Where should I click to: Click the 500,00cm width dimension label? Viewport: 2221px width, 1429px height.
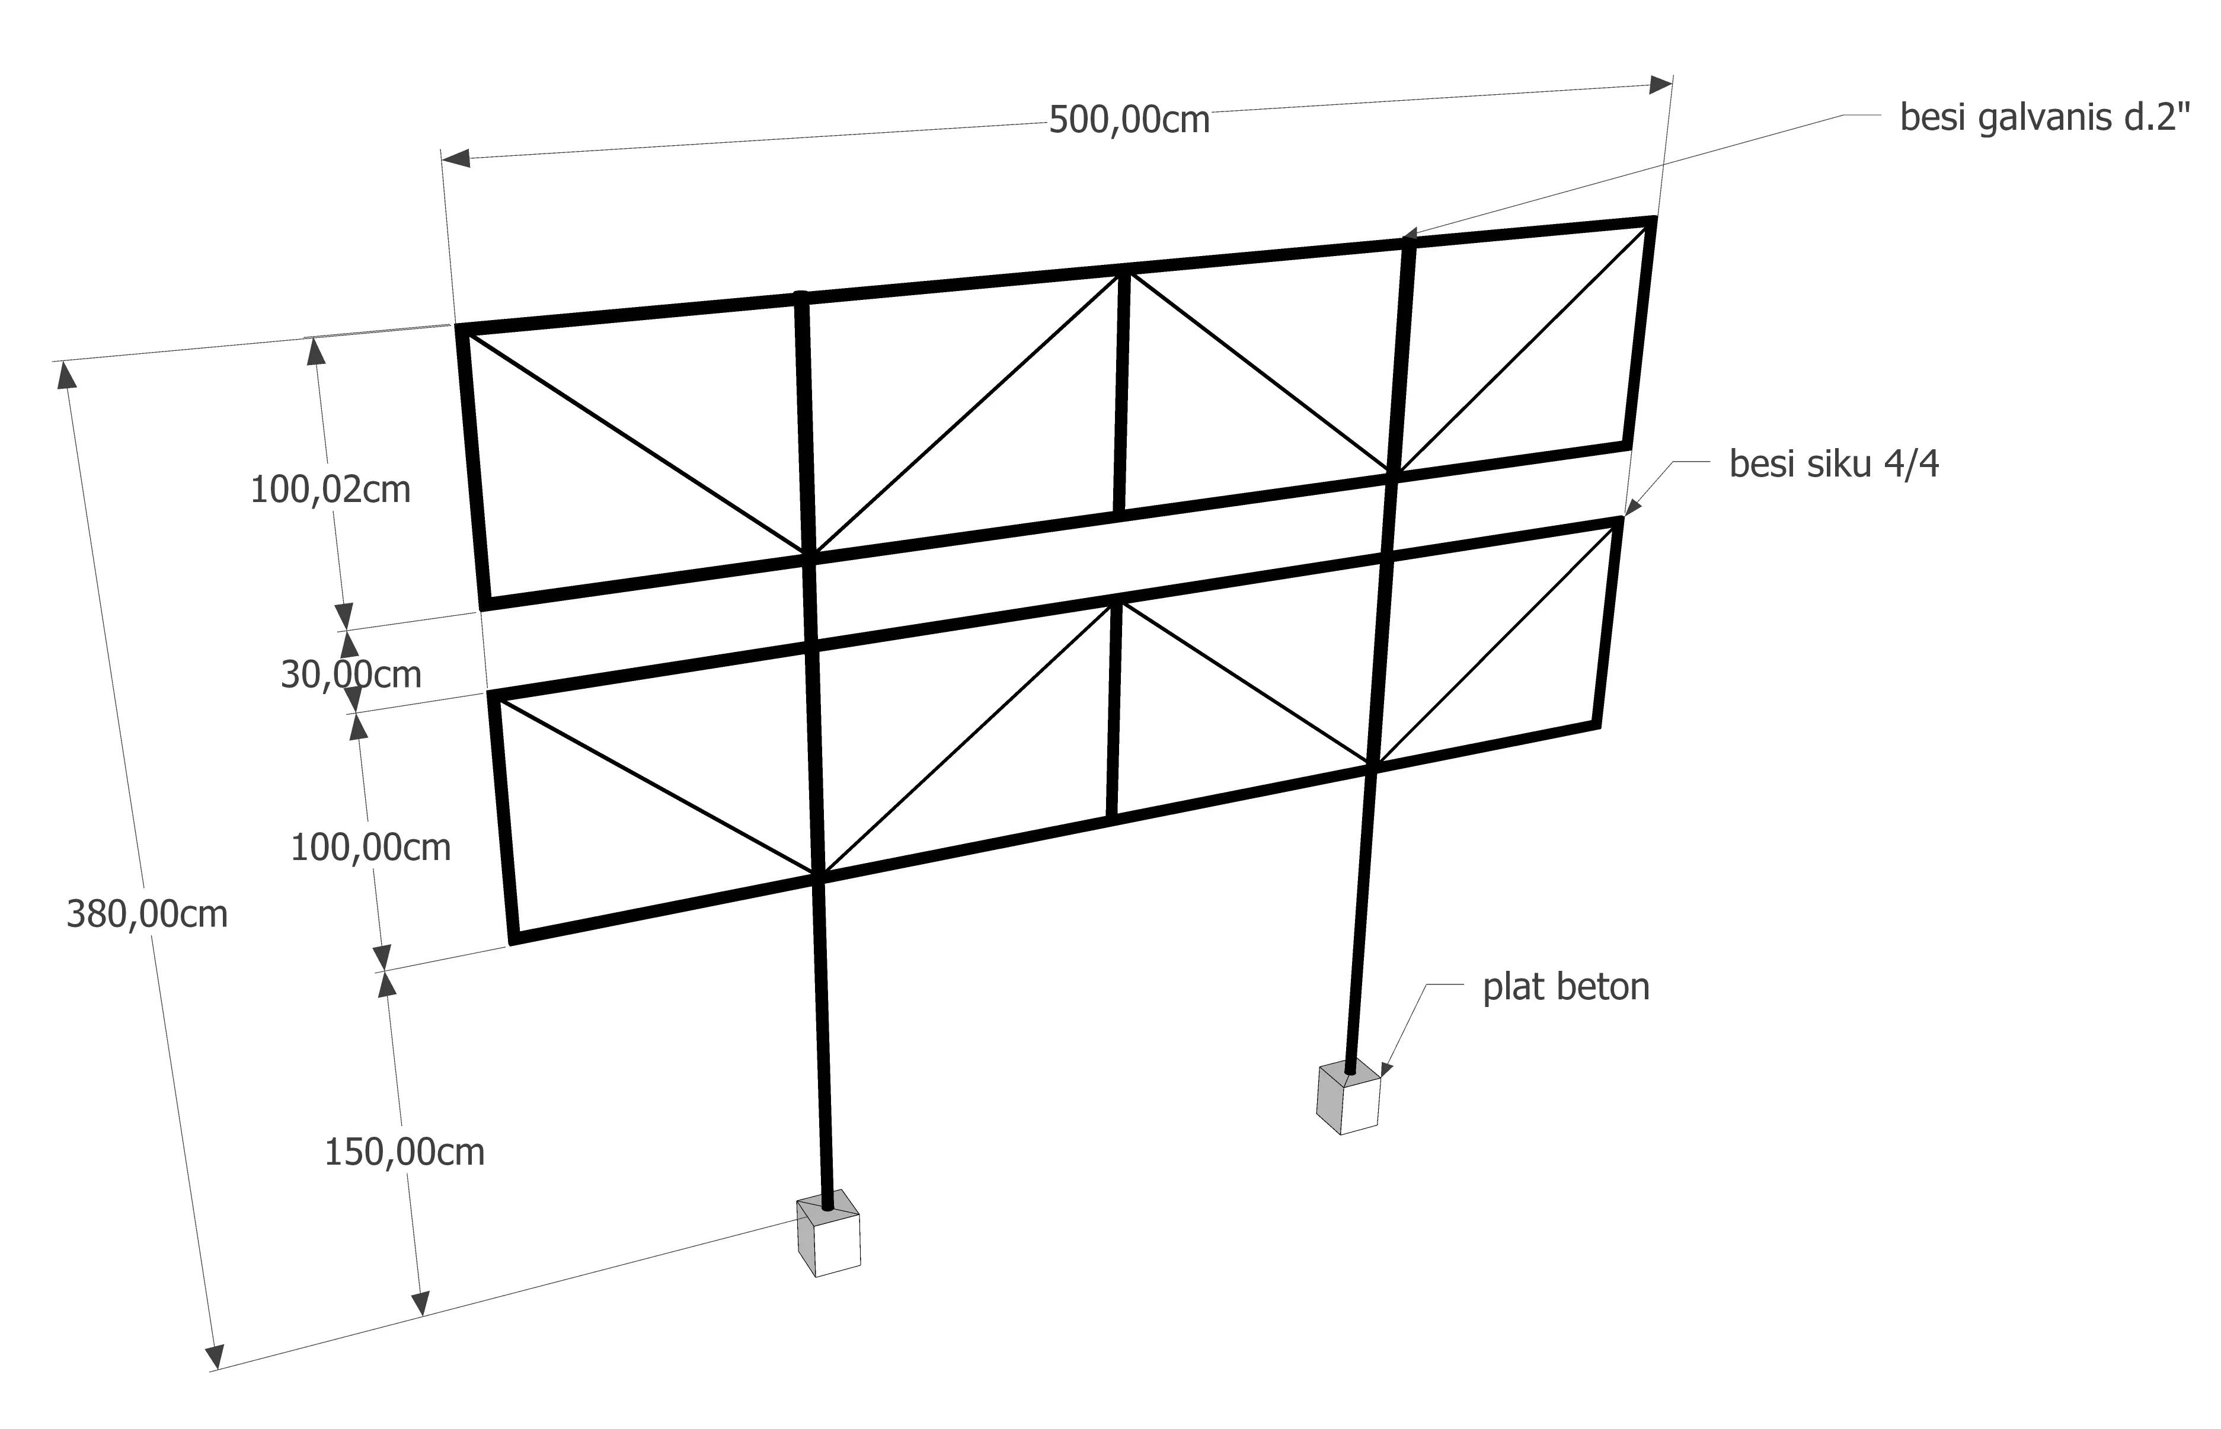(x=1129, y=120)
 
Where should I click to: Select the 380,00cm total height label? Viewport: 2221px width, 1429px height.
(x=146, y=914)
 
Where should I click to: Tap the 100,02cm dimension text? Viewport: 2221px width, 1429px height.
(x=330, y=489)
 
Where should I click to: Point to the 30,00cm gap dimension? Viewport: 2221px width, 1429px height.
(x=351, y=674)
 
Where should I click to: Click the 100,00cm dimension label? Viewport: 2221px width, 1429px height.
(x=370, y=847)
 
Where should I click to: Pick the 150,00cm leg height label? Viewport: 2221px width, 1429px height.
(x=404, y=1152)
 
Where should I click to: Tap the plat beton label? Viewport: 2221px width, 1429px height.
(x=1566, y=986)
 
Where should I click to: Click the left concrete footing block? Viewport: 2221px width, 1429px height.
(x=829, y=1233)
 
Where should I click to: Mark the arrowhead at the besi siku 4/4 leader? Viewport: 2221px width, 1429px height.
(x=1632, y=506)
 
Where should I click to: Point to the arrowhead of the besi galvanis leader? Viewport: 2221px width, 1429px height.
(x=1409, y=235)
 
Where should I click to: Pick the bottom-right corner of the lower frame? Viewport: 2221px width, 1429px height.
(x=1597, y=725)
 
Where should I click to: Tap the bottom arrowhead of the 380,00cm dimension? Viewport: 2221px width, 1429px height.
(x=215, y=1357)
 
